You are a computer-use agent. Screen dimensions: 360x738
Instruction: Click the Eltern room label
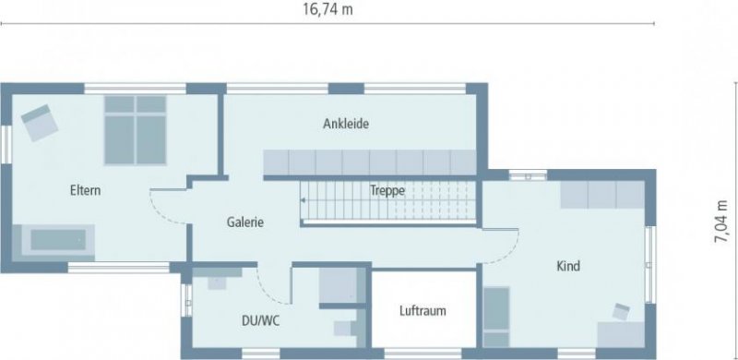(85, 191)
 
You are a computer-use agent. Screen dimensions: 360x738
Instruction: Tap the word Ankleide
(346, 124)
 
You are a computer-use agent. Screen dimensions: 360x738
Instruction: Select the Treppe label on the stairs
(387, 190)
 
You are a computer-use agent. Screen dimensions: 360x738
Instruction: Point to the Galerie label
(246, 222)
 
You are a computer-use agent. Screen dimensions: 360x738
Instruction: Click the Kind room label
(567, 267)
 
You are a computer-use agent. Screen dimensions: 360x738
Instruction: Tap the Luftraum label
(423, 311)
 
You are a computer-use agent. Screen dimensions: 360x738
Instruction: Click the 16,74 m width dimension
(327, 9)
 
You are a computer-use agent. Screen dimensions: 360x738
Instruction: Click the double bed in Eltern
(135, 129)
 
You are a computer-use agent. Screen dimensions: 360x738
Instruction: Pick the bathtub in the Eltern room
(61, 241)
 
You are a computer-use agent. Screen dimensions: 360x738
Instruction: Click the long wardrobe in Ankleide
(370, 162)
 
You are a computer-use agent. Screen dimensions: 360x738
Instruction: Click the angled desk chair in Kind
(620, 311)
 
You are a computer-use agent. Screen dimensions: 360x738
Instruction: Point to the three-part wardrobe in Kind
(602, 195)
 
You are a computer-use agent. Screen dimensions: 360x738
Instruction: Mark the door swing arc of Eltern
(162, 209)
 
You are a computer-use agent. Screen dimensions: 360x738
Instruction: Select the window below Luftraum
(422, 354)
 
